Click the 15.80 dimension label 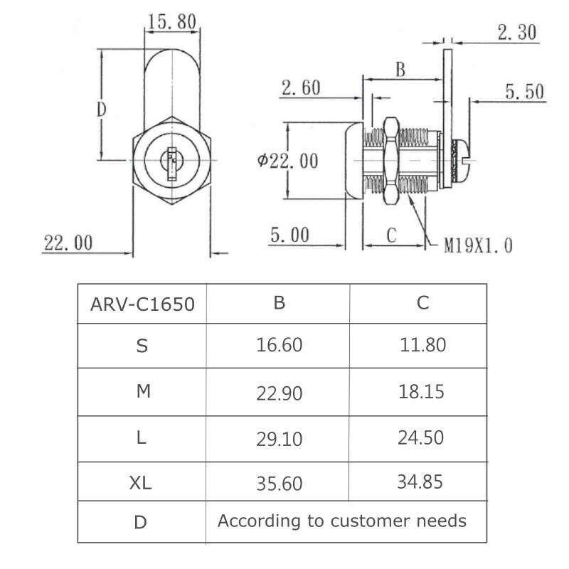pyautogui.click(x=172, y=22)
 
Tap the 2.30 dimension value pyautogui.click(x=517, y=32)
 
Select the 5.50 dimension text pyautogui.click(x=525, y=92)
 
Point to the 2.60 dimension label pyautogui.click(x=301, y=87)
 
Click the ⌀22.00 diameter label pyautogui.click(x=288, y=161)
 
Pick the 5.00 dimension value pyautogui.click(x=289, y=235)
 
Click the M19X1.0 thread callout pyautogui.click(x=478, y=245)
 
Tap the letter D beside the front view pyautogui.click(x=102, y=110)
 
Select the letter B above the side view pyautogui.click(x=400, y=69)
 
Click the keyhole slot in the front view pyautogui.click(x=172, y=164)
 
